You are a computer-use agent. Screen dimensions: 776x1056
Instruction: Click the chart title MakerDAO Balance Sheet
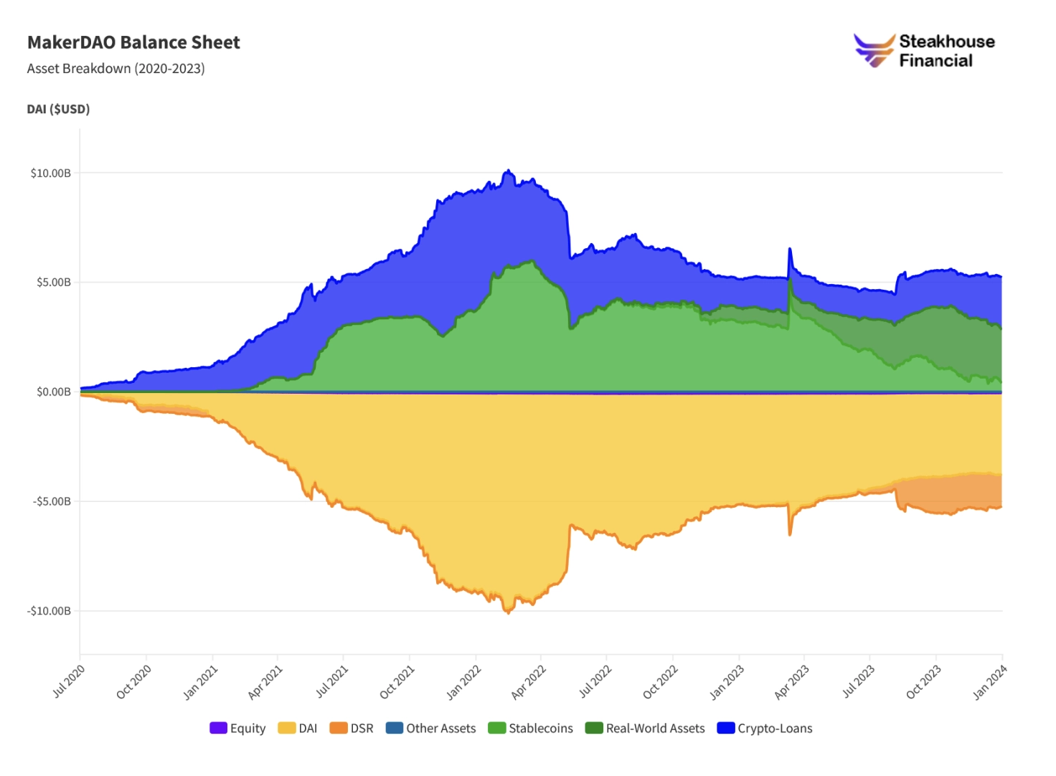click(133, 42)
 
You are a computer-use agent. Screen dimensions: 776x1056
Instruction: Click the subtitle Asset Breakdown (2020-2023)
click(115, 69)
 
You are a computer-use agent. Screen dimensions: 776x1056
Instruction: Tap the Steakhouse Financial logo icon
click(874, 50)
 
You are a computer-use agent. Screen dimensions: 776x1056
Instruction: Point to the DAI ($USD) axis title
click(58, 109)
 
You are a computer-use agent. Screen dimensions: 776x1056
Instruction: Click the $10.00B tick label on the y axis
click(50, 173)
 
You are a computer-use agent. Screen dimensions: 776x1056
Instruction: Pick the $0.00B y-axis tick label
click(53, 392)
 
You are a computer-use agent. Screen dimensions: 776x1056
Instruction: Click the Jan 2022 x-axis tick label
click(464, 682)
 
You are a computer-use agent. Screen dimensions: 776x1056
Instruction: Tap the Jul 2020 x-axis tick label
click(69, 681)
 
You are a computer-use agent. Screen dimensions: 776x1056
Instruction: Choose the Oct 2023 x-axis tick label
click(924, 682)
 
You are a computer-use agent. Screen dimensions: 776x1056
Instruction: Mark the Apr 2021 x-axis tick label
click(265, 682)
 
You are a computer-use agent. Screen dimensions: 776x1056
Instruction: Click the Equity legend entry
click(237, 728)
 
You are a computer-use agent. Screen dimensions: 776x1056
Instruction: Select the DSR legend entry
click(352, 728)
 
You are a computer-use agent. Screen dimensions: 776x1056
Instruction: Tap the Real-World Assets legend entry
click(645, 728)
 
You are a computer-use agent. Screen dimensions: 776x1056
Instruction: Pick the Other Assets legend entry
click(430, 728)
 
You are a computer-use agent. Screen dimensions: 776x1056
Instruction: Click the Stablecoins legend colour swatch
click(496, 728)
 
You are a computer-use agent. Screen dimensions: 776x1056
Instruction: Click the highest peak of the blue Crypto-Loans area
click(508, 171)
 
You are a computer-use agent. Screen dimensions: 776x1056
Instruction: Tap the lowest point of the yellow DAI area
click(508, 612)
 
